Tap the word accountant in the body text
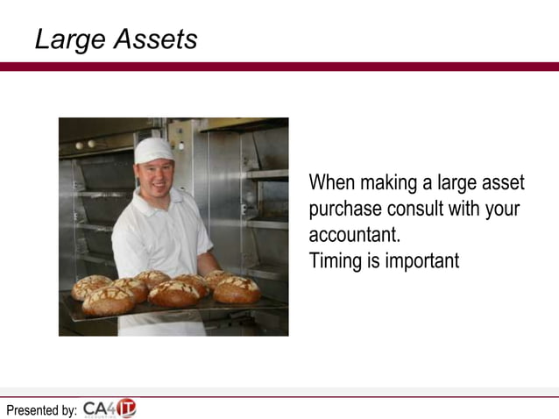(353, 236)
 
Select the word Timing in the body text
(333, 261)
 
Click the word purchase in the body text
(344, 209)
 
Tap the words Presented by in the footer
(41, 409)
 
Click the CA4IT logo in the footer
(110, 408)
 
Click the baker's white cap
(153, 150)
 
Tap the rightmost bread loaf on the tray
(237, 291)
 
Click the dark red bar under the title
(279, 67)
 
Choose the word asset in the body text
(502, 183)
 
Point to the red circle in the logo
(127, 408)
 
